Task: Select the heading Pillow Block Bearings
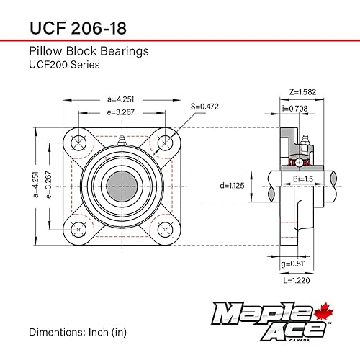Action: coord(89,51)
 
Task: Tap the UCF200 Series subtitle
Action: coord(64,64)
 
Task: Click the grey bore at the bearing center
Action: coord(122,185)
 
